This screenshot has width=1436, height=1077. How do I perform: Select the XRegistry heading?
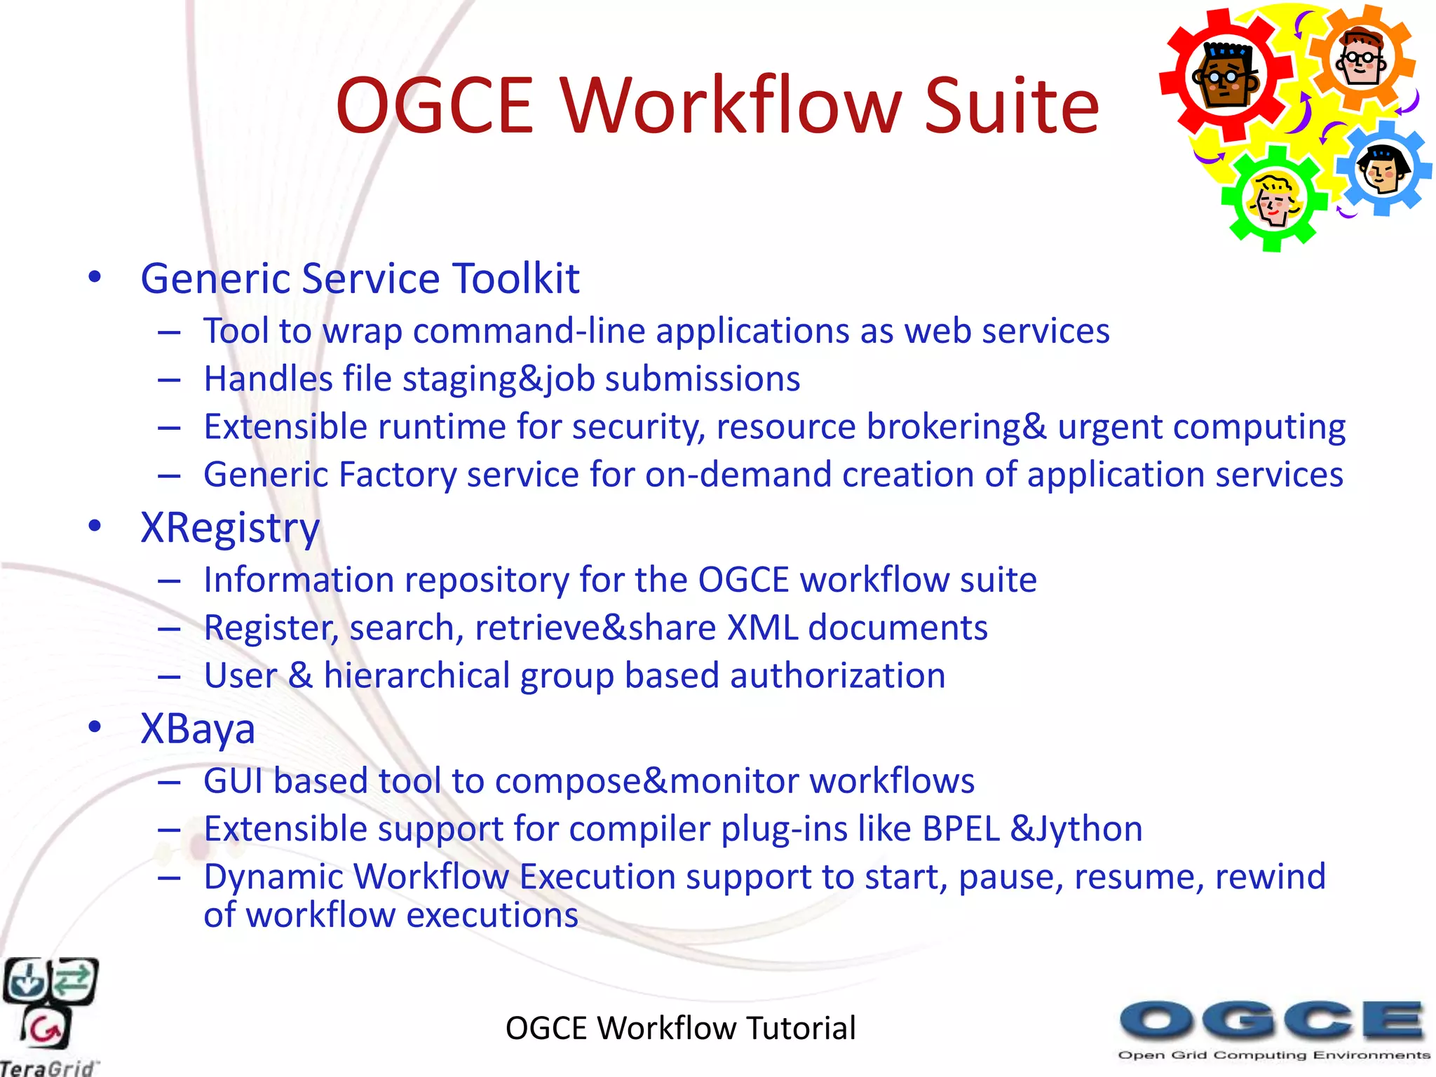230,528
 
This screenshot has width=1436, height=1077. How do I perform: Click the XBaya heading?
198,729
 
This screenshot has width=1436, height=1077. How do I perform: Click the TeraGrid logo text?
48,1068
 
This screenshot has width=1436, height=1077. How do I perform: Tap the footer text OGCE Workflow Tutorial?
680,1028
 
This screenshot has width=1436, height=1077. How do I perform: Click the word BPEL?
961,829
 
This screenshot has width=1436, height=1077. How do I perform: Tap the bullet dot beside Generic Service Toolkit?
95,278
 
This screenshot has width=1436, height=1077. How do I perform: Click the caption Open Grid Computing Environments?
1273,1055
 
